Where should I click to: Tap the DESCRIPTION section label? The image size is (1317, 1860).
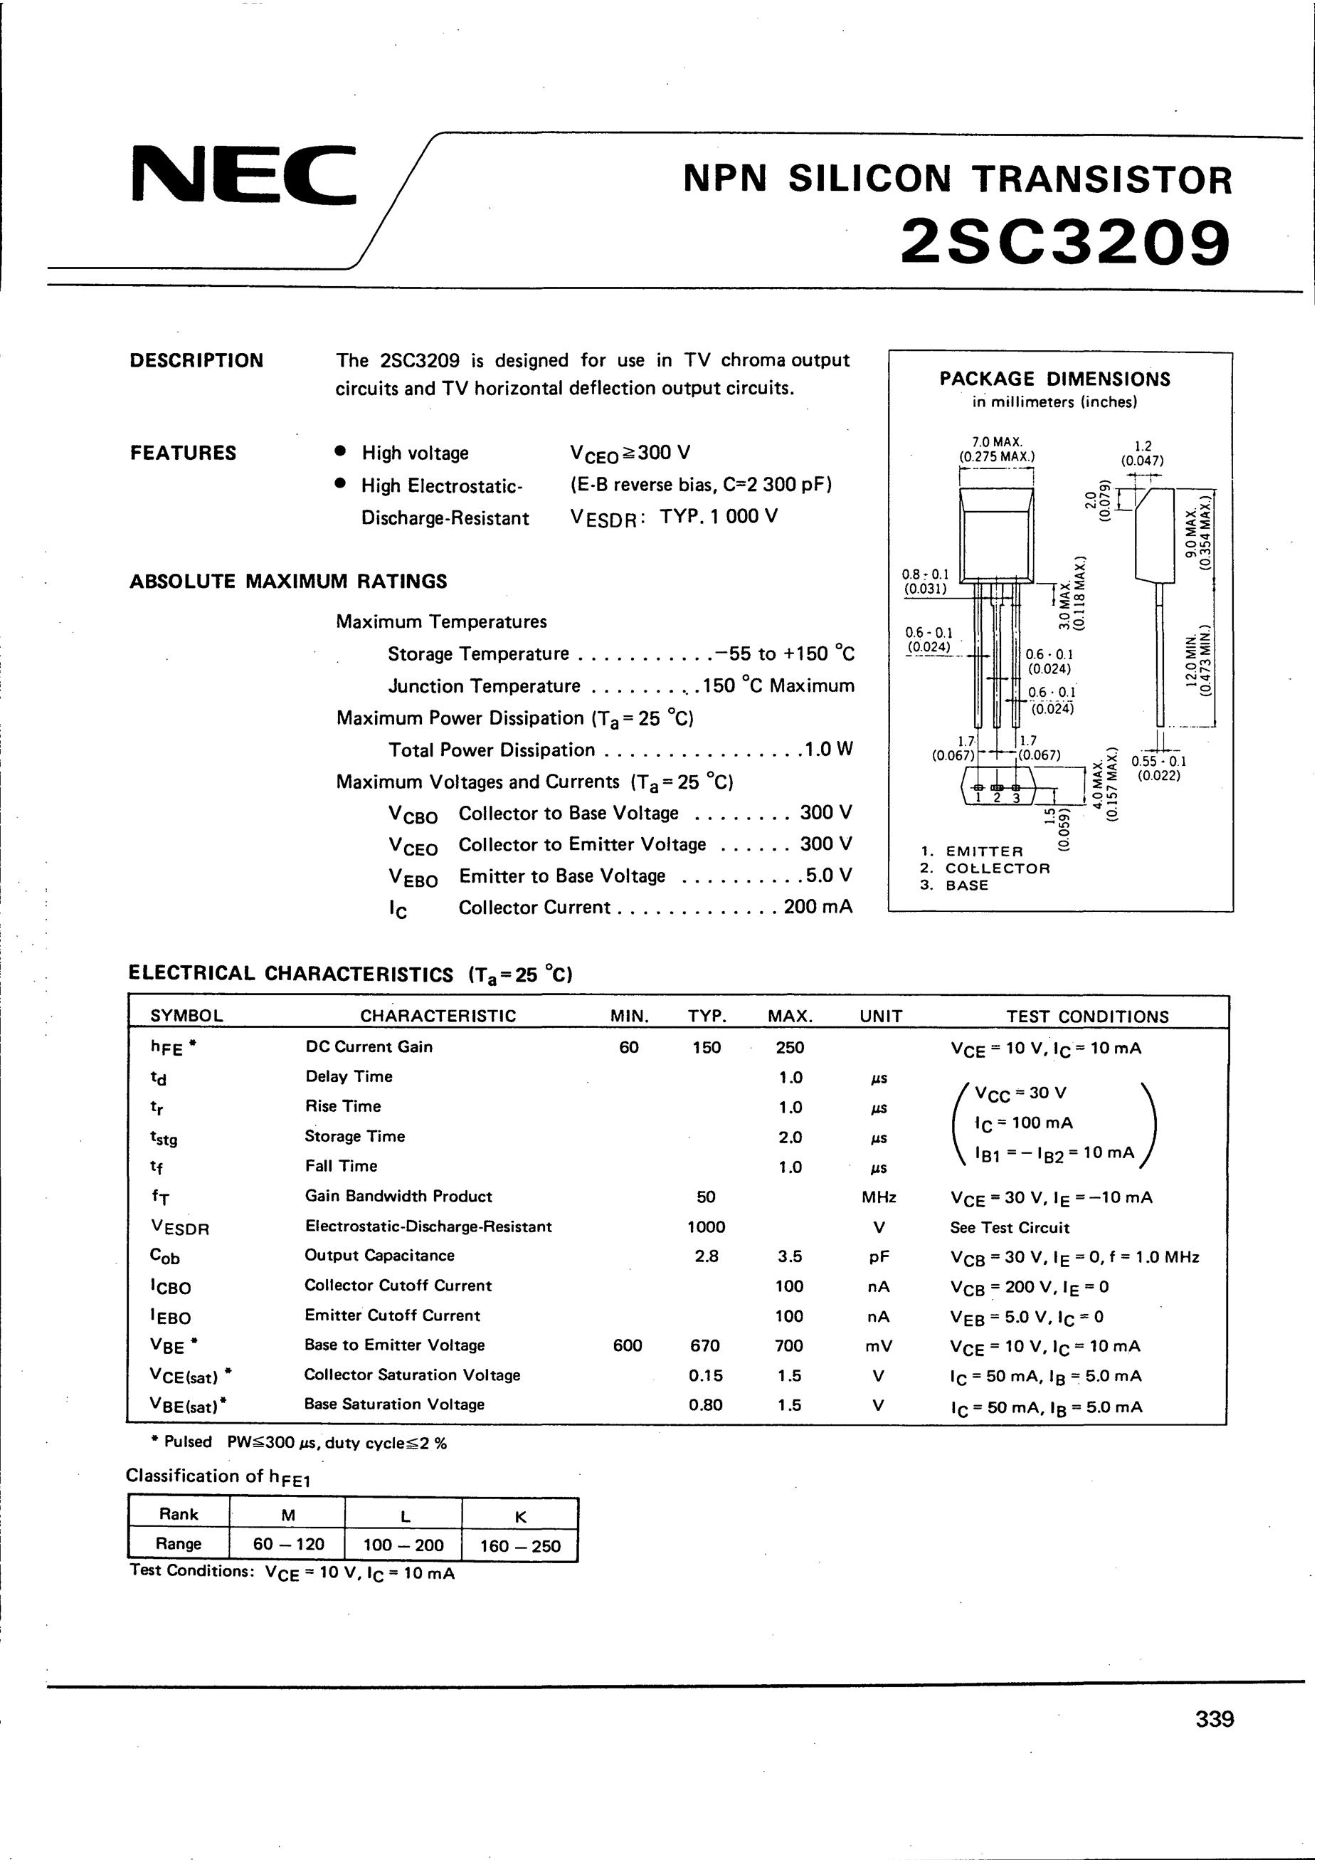click(x=196, y=361)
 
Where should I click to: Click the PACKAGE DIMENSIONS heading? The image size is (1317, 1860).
click(x=1054, y=379)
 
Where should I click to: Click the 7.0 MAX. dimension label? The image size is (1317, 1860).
click(x=996, y=443)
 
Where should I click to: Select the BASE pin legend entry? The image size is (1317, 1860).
click(x=967, y=885)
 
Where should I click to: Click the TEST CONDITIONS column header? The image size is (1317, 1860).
click(x=1087, y=1016)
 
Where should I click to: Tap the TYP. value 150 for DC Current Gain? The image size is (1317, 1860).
click(x=707, y=1047)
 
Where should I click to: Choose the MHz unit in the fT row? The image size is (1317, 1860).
click(x=880, y=1197)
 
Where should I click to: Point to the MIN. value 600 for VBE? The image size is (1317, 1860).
click(x=628, y=1346)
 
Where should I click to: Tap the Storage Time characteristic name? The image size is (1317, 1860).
click(x=354, y=1137)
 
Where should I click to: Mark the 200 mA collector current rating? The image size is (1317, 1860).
click(x=818, y=908)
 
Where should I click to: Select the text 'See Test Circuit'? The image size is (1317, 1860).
click(x=1009, y=1227)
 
